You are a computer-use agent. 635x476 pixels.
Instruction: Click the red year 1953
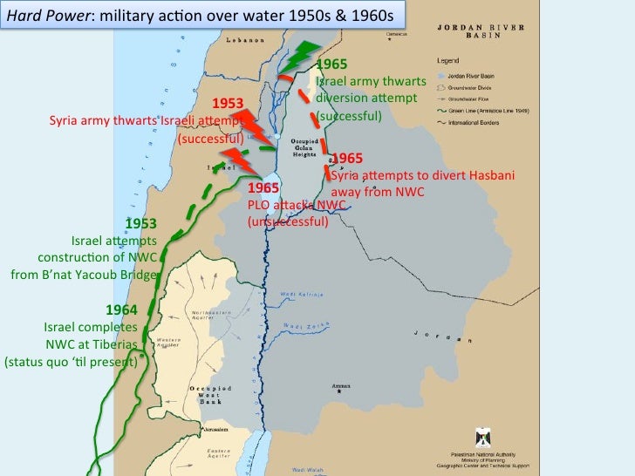click(x=227, y=105)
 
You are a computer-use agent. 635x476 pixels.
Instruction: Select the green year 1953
click(x=141, y=224)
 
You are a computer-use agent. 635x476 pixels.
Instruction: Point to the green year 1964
click(x=121, y=309)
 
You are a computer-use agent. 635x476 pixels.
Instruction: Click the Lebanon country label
click(x=246, y=40)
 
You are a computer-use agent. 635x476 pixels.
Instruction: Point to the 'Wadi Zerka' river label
click(x=308, y=323)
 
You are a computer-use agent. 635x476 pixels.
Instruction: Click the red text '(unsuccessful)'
click(x=288, y=221)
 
